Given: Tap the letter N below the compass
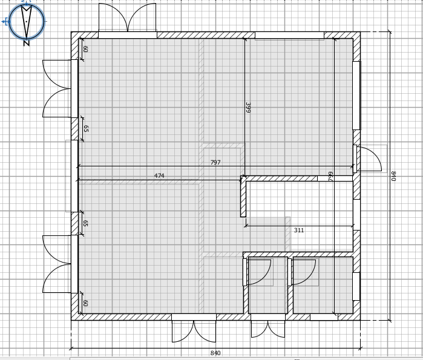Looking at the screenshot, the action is (x=26, y=43).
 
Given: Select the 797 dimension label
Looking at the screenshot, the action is (x=215, y=163).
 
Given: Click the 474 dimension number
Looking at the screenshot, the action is (x=159, y=176).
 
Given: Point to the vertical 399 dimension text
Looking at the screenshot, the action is (x=248, y=108).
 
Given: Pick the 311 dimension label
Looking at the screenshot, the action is (x=299, y=231).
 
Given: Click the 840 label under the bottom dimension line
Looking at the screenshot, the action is (x=215, y=353).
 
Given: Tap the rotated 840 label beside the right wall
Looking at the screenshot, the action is (x=393, y=176).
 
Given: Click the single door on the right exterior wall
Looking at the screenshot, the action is (x=369, y=159).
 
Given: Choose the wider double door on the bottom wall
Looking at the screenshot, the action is (x=194, y=328).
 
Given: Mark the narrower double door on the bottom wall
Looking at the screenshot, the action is (x=268, y=326).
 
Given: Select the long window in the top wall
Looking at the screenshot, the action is (x=289, y=35).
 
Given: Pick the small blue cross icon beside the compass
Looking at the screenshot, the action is (x=6, y=22).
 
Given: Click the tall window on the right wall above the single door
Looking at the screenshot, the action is (x=356, y=96).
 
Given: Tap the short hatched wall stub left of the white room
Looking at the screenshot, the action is (x=243, y=197).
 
